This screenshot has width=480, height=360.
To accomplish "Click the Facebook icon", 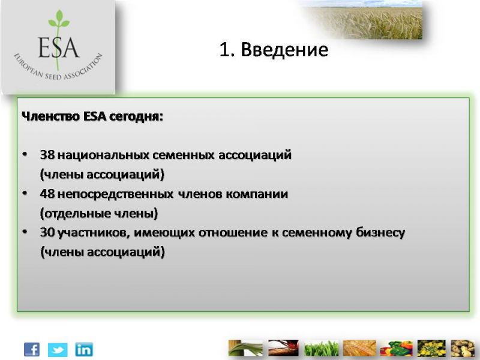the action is [32, 349].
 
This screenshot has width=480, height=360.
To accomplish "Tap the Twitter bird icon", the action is [58, 350].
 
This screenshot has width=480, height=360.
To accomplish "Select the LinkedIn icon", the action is [84, 349].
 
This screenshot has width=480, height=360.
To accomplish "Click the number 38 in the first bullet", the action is [47, 155].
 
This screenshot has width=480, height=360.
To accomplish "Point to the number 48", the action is [47, 194].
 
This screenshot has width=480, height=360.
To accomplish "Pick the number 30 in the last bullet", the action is [47, 233].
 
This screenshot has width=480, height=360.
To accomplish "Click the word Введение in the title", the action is [284, 49].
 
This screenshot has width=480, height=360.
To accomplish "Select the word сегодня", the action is [136, 117].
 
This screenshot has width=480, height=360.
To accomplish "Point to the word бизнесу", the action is [380, 233].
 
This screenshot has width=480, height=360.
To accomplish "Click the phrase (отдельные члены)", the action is [99, 214].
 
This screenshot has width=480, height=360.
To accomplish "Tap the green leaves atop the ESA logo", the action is [59, 19].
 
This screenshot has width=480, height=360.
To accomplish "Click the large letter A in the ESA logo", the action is [71, 47].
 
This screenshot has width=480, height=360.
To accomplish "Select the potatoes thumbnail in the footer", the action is [462, 349].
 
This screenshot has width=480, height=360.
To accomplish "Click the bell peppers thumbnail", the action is [396, 349].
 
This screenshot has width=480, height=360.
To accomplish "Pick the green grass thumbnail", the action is [321, 349].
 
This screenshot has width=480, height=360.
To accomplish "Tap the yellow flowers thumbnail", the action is [431, 349].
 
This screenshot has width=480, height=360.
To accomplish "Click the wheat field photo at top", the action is [367, 20].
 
